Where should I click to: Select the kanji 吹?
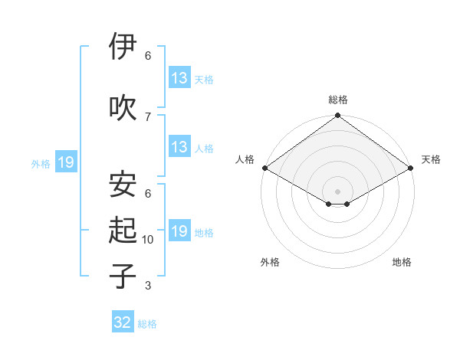[123, 106]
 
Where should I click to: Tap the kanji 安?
[123, 184]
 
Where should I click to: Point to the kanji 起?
[123, 230]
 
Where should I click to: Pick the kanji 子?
[123, 275]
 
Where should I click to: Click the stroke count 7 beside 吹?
[148, 116]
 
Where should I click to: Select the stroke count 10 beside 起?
[148, 240]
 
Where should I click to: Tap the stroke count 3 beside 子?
[148, 286]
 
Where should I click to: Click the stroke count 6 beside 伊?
[148, 56]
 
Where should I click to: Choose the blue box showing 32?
[123, 322]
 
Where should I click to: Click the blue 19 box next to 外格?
[65, 162]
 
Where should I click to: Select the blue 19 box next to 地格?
[179, 231]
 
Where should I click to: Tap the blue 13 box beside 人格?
[179, 147]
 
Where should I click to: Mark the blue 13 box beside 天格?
[179, 78]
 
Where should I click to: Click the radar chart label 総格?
[337, 100]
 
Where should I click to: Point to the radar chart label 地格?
[402, 262]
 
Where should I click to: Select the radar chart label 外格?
[270, 262]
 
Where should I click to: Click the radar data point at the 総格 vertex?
[337, 116]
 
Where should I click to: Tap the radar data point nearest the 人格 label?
[264, 167]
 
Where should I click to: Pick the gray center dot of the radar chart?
[337, 190]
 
